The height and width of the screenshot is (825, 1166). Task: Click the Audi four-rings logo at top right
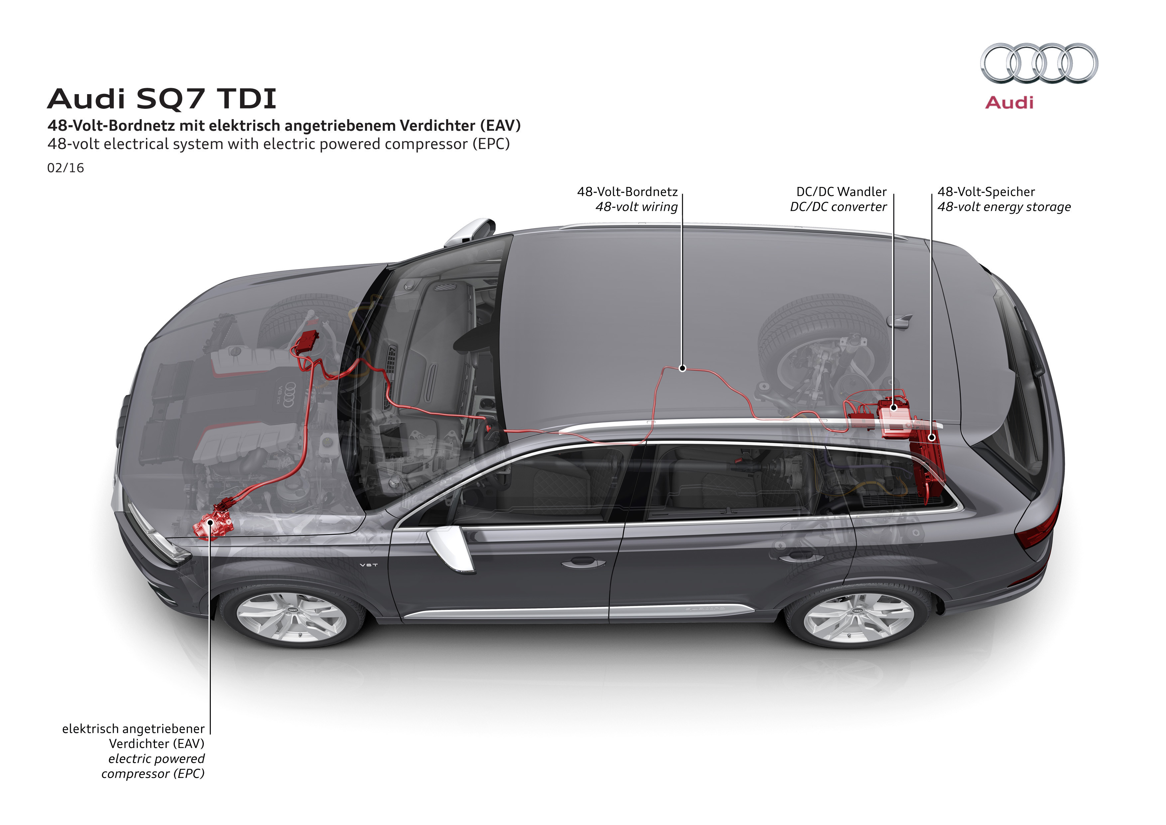point(1039,63)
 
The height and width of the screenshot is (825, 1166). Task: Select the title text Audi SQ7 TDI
point(162,98)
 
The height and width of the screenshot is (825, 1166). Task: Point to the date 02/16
point(65,168)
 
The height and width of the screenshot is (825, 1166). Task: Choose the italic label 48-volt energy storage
point(1004,207)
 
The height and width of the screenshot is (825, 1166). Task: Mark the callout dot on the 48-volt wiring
point(683,368)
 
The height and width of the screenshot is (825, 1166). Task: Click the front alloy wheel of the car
point(292,617)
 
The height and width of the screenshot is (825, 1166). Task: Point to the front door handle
point(583,562)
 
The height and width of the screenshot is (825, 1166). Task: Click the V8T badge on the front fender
point(369,565)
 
